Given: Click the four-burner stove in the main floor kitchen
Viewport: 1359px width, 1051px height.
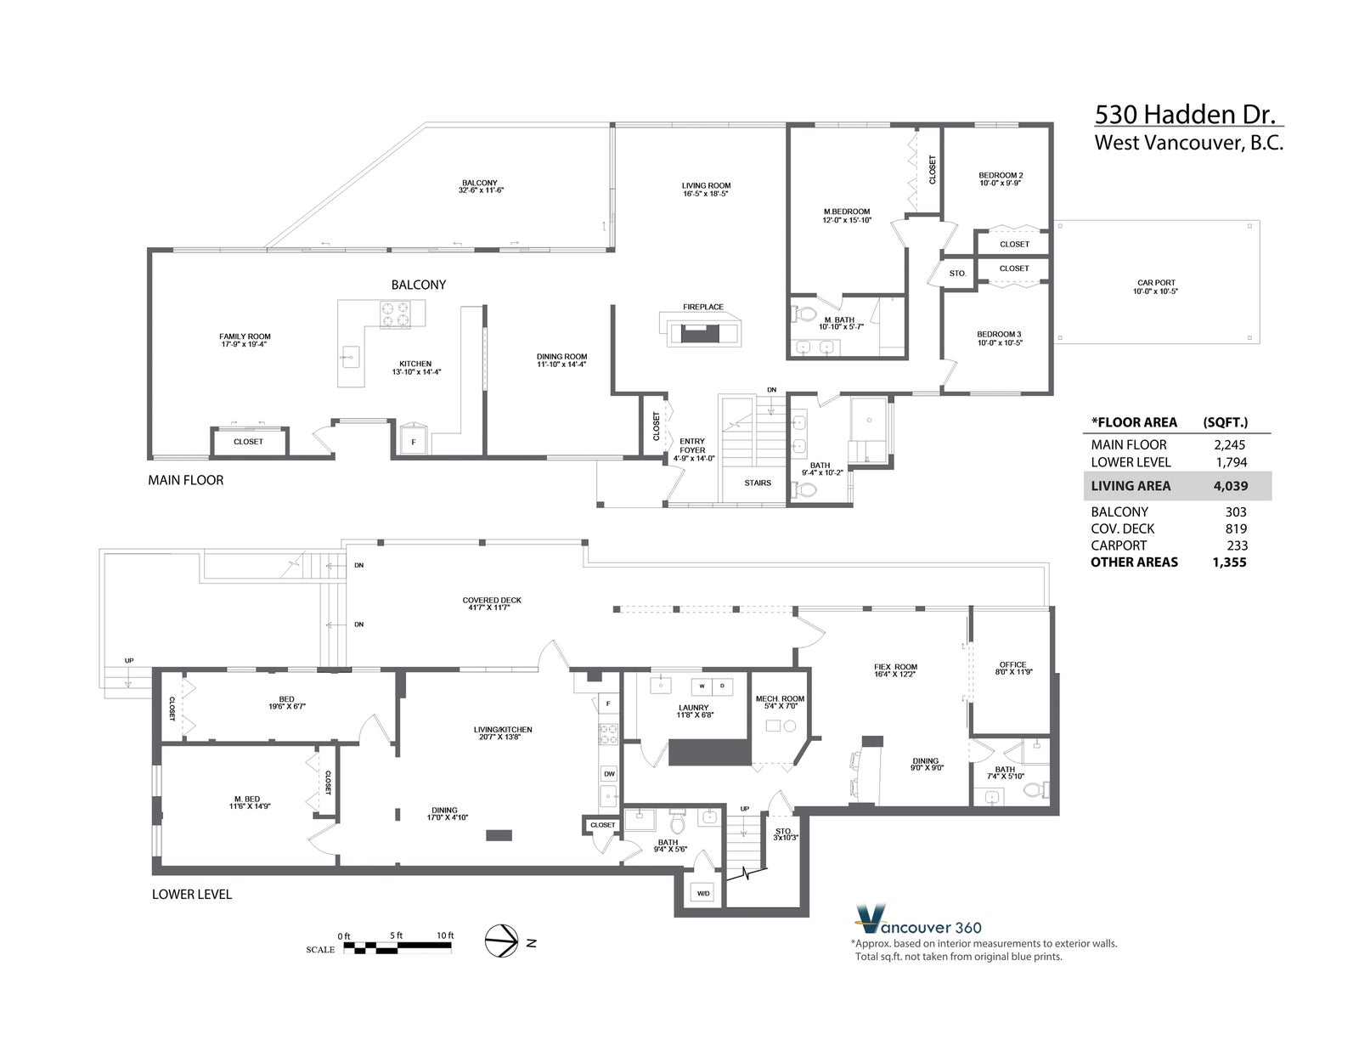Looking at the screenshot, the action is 395,314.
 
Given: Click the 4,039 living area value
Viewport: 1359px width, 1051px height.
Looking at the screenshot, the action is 1230,486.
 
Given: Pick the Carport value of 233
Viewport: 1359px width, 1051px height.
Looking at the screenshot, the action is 1237,545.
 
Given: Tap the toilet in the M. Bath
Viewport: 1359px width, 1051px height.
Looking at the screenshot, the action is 803,313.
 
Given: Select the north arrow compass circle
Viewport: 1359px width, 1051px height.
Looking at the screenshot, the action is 502,941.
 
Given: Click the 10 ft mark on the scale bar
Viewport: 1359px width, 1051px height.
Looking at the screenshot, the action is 445,935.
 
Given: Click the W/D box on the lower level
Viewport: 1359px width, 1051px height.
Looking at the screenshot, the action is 703,893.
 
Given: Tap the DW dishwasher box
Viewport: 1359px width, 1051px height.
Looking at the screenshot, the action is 609,774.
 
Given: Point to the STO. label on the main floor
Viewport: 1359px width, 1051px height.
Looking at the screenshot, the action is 957,274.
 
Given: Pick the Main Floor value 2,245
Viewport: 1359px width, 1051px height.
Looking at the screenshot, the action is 1230,445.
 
